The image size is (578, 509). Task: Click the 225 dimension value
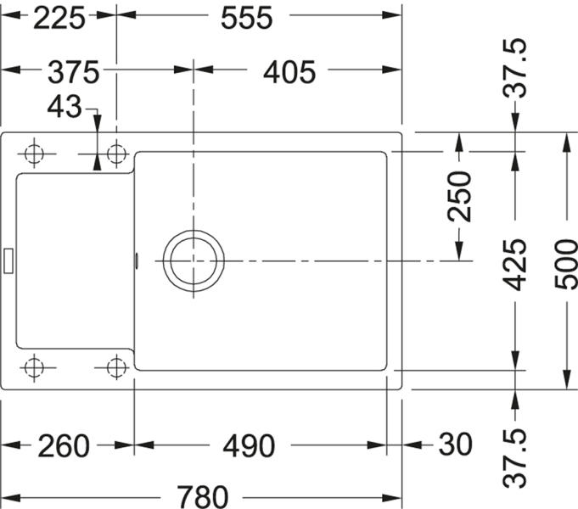[x=59, y=18]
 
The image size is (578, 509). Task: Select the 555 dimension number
[x=247, y=18]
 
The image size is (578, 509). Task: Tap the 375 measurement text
[x=74, y=72]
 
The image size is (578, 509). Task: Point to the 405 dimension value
[x=289, y=72]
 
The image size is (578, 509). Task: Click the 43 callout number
[x=65, y=107]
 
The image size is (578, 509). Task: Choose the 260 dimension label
[x=64, y=446]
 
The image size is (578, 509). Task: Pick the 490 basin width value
[x=249, y=446]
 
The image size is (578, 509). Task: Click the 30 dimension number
[x=455, y=445]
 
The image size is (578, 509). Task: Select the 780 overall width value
[x=203, y=497]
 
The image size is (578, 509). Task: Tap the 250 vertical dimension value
[x=459, y=196]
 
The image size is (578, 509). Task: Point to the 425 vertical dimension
[x=515, y=265]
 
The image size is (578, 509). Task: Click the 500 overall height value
[x=566, y=265]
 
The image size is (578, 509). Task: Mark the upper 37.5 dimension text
[x=515, y=68]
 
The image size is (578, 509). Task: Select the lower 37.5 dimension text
[x=515, y=458]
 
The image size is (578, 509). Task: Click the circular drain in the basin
[x=194, y=261]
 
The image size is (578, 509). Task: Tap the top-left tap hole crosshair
[x=34, y=154]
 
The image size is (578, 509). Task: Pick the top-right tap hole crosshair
[x=116, y=154]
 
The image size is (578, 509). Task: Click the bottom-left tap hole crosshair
[x=34, y=367]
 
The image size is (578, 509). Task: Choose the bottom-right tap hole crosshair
[x=116, y=367]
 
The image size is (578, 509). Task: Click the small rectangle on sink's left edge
[x=8, y=260]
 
